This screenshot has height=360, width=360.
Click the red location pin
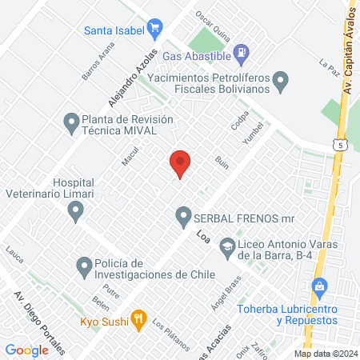[x=180, y=163]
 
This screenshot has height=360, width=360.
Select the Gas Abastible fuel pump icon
[x=241, y=54]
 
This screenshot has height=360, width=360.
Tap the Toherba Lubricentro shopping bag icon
[x=319, y=286]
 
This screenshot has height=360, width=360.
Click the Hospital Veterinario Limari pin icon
[x=76, y=211]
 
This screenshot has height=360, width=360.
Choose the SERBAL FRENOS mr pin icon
[x=183, y=217]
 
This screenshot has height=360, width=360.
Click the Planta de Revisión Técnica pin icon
[x=70, y=122]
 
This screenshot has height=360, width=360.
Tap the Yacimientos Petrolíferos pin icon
[x=281, y=80]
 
